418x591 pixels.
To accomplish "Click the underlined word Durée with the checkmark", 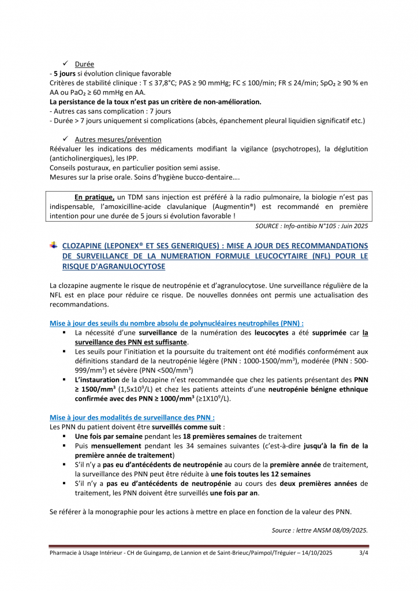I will point(84,64).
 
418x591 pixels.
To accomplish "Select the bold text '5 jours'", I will point(64,73).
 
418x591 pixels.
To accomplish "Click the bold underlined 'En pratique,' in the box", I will point(95,197).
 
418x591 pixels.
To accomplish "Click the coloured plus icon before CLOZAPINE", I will point(54,245).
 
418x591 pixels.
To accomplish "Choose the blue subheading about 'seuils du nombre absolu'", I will point(177,323).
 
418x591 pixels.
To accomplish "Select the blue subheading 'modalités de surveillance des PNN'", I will point(133,417).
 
